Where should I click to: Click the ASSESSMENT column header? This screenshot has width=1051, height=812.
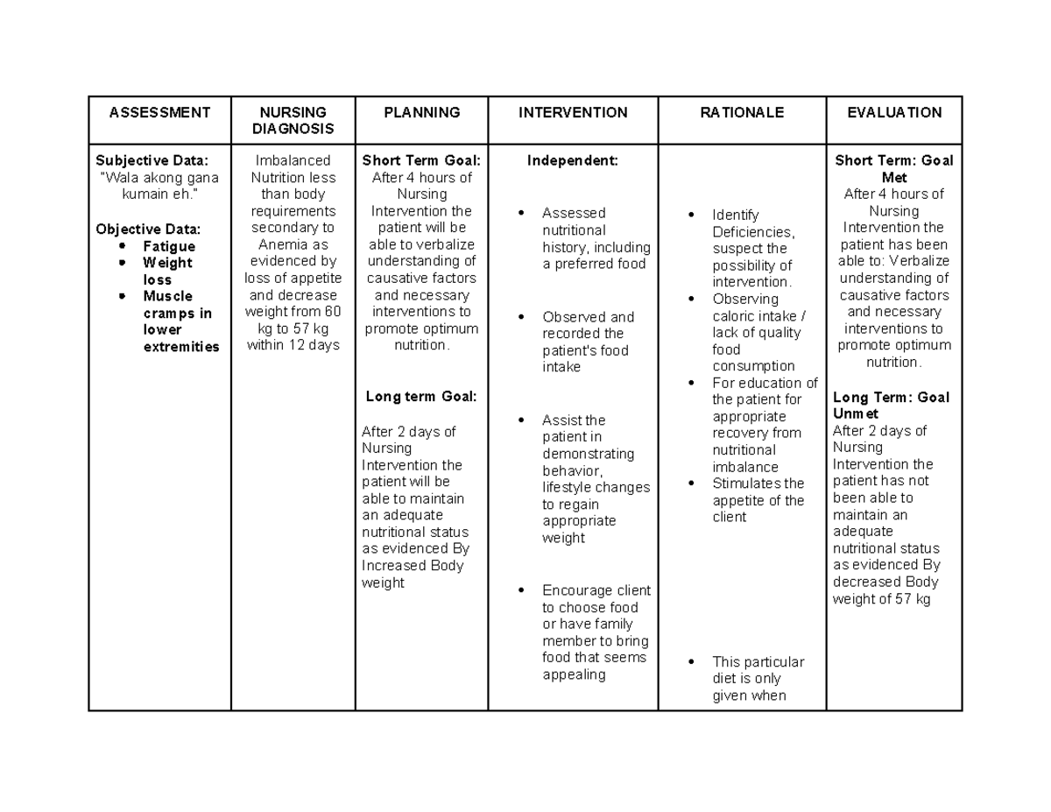tap(159, 112)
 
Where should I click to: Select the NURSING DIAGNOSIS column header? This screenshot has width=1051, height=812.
tap(293, 120)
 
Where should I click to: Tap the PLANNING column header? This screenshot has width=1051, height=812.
tap(421, 112)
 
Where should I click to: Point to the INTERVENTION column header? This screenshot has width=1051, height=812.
tap(573, 112)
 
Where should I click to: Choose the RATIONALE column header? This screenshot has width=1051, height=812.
tap(741, 112)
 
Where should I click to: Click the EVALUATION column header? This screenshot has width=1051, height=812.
tap(893, 112)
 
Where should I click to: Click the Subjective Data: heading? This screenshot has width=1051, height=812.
tap(152, 160)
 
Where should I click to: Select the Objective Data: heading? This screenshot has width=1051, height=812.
tap(148, 229)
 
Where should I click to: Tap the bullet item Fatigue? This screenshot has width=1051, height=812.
tap(169, 247)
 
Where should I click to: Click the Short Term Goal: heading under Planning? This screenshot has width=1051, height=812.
tap(421, 160)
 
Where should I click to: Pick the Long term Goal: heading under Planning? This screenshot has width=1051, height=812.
tap(421, 397)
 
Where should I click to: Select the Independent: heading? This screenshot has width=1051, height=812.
tap(572, 160)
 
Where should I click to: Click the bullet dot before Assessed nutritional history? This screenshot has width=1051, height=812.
tap(522, 213)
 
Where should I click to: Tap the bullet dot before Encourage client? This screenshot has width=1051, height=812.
tap(522, 590)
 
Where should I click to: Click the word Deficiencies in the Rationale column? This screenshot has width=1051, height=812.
tap(752, 232)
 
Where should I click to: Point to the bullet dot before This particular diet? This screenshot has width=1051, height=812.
tap(692, 662)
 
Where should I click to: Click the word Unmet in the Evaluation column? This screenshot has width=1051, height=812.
tap(856, 413)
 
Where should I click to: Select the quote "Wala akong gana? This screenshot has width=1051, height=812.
tap(159, 178)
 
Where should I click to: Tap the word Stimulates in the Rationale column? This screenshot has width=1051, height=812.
tap(746, 484)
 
